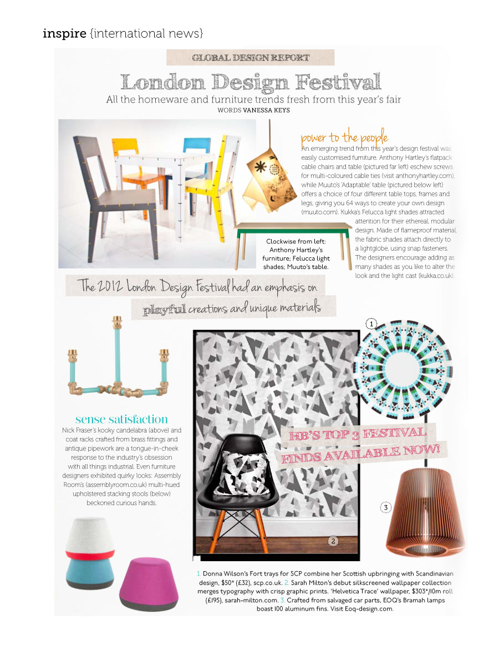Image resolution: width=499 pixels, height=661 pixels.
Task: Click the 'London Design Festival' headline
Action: point(251,82)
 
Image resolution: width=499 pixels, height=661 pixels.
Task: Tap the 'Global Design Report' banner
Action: point(250,58)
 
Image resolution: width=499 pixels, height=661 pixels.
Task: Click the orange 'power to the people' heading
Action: point(344,138)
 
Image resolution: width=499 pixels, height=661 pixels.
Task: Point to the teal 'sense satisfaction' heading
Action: point(121,419)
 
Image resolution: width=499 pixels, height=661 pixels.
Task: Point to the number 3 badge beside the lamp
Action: point(386,507)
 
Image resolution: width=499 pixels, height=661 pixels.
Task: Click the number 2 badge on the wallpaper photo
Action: point(333,541)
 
